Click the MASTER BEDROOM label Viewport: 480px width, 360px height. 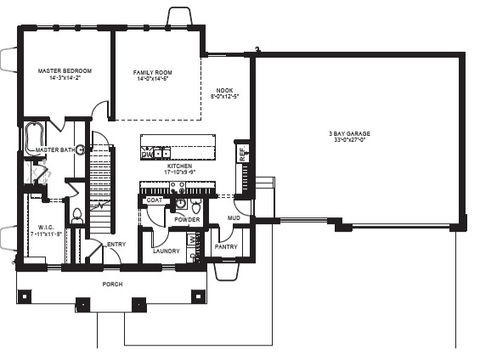coord(65,71)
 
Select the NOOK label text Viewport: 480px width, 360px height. coord(225,90)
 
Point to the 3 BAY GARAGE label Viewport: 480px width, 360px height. coord(354,134)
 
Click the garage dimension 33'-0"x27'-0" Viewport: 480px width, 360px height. coord(354,141)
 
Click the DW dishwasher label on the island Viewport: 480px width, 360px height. coord(146,154)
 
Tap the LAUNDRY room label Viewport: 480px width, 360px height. coord(166,251)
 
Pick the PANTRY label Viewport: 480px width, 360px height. coord(227,246)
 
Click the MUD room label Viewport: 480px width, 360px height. coord(233,217)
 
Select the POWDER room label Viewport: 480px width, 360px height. coord(187,220)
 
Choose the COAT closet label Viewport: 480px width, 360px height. coord(154,200)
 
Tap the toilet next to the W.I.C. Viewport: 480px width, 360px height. coord(77,214)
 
